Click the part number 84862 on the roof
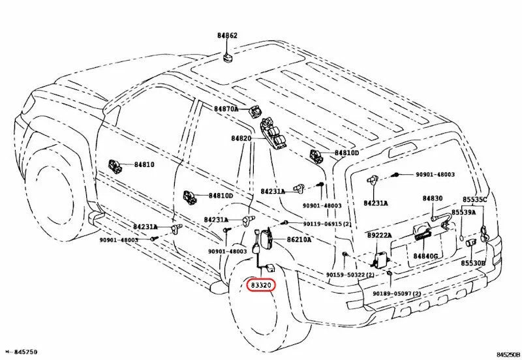(227, 36)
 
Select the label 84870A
(226, 109)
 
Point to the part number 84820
(241, 138)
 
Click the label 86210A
(299, 239)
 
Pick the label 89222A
(380, 235)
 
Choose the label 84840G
(425, 256)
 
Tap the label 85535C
(474, 200)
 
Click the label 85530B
(473, 263)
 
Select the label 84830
(433, 198)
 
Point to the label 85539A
(464, 212)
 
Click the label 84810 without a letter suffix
(144, 164)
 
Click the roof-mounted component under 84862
(228, 57)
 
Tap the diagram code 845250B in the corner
(508, 354)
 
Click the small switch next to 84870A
(255, 111)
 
